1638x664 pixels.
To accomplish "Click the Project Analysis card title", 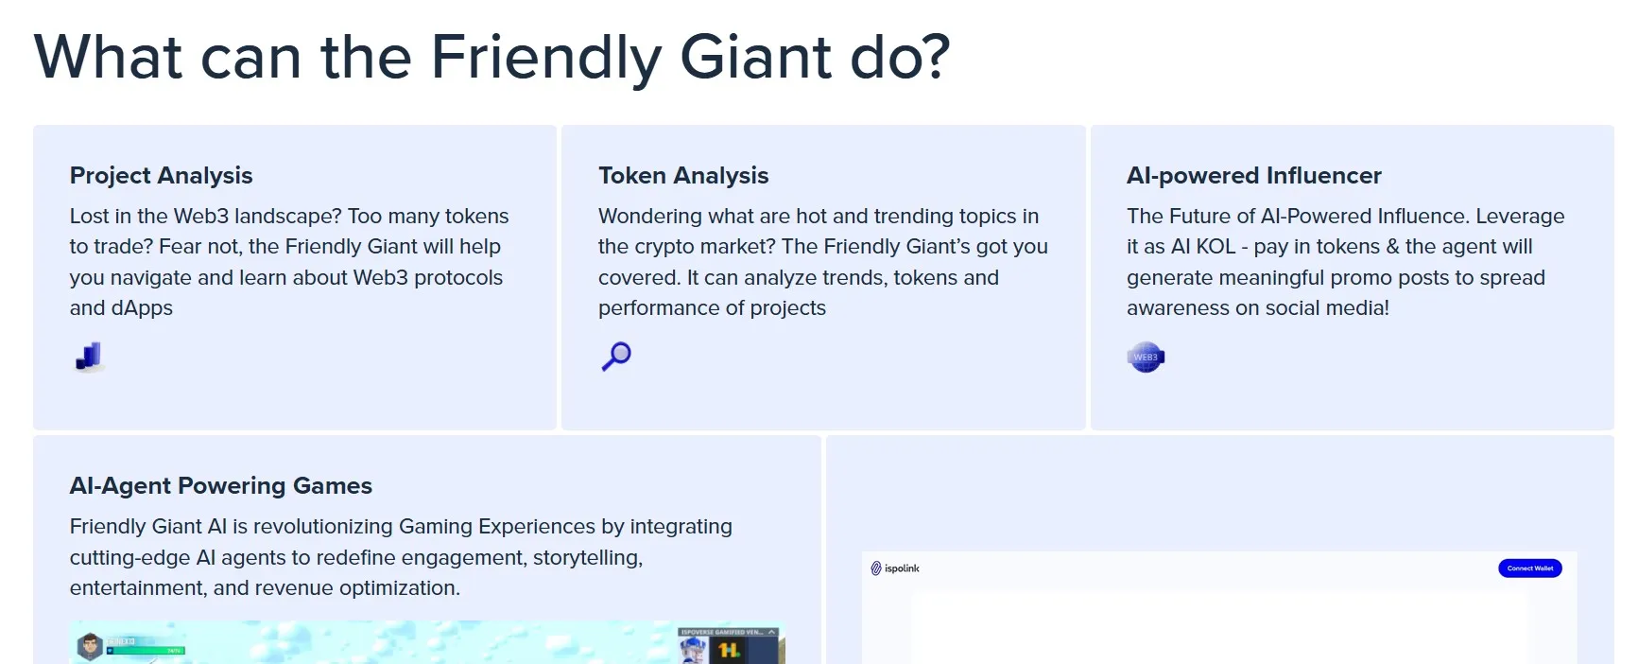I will click(161, 176).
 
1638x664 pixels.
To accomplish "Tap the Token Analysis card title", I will click(683, 176).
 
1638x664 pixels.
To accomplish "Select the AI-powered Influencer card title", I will click(1253, 176).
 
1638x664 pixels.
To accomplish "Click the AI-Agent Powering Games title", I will click(220, 486).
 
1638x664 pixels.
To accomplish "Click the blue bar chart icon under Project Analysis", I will click(88, 357).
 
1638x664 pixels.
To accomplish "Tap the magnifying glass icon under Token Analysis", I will click(616, 357).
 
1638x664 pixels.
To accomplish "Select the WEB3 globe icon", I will click(1146, 357).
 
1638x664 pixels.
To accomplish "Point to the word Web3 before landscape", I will click(200, 217).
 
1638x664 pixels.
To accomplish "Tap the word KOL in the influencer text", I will click(1216, 247).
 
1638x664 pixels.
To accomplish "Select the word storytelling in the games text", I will click(587, 558).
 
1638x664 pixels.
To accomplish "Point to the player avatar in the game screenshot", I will click(90, 647).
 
